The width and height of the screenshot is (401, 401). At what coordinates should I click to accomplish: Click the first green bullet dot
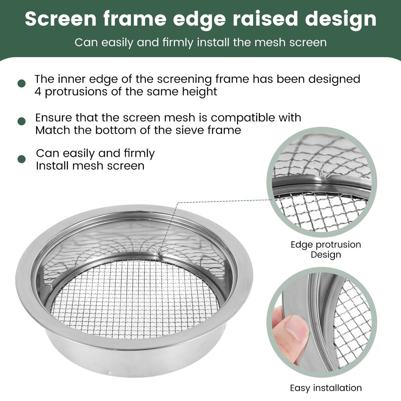[x=22, y=83]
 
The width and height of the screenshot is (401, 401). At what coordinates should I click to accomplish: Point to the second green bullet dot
[x=22, y=121]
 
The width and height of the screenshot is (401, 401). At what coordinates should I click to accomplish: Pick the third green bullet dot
[x=22, y=159]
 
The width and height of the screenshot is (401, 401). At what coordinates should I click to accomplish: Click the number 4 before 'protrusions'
[x=38, y=92]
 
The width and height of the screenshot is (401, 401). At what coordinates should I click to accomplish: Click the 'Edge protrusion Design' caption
[x=325, y=249]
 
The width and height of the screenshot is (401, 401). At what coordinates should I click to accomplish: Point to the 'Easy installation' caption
[x=325, y=388]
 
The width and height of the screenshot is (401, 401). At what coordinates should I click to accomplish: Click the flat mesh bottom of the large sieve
[x=133, y=298]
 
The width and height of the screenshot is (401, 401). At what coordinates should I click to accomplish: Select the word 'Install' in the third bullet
[x=52, y=166]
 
